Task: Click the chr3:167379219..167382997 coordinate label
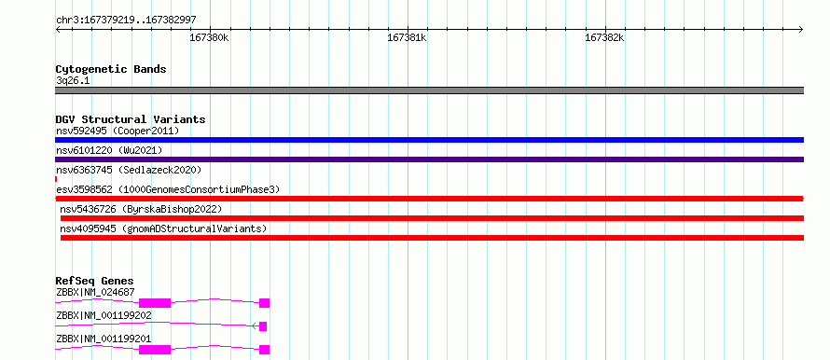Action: click(x=126, y=20)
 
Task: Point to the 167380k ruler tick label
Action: click(x=209, y=37)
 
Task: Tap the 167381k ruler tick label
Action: click(x=407, y=37)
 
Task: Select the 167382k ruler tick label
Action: click(x=604, y=37)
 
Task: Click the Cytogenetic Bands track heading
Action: click(x=111, y=69)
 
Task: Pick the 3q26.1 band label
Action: click(x=70, y=81)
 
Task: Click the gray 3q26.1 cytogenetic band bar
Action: click(x=429, y=90)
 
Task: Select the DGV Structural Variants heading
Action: click(x=131, y=119)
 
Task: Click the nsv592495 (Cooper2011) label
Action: click(x=118, y=131)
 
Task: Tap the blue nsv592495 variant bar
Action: click(x=429, y=140)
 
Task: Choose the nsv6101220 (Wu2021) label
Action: click(x=109, y=150)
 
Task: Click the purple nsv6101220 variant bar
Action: click(x=429, y=159)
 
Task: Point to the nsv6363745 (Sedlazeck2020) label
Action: click(x=129, y=170)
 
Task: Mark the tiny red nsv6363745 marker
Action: click(x=56, y=179)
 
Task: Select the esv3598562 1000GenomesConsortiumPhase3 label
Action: click(x=168, y=189)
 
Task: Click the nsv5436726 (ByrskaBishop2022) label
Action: click(x=141, y=209)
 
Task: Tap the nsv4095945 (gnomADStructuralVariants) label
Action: click(x=163, y=228)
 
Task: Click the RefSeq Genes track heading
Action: click(x=95, y=281)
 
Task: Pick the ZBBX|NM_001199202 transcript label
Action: click(x=104, y=315)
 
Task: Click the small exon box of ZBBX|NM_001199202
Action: click(x=263, y=326)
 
